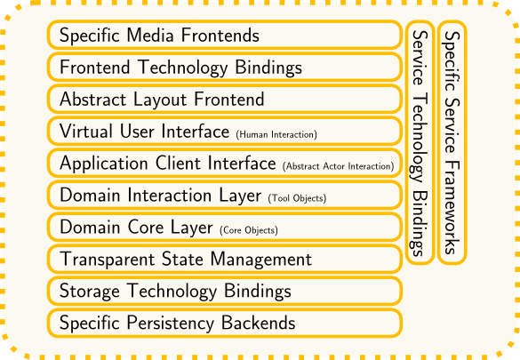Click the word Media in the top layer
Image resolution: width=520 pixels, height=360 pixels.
coord(150,36)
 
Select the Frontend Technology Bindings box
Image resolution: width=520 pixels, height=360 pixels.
coord(225,67)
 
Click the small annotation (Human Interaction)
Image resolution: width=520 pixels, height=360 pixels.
coord(276,134)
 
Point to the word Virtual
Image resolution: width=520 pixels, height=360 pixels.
coord(86,131)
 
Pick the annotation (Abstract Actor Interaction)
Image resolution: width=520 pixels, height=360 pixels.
coord(339,166)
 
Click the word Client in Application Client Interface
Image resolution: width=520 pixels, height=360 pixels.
coord(178,163)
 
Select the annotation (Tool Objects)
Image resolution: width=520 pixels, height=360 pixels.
coord(297,198)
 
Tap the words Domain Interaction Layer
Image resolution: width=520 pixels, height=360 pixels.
coord(161,196)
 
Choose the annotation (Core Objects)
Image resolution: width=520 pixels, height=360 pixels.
coord(249,230)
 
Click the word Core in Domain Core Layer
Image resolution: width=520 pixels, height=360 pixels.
coord(146,227)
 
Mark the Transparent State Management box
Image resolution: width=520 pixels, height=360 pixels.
coord(225,259)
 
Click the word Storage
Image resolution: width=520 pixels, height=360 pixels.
coord(90,292)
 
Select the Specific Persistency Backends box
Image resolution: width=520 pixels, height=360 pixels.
coord(225,323)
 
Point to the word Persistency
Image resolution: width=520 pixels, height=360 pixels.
coord(170,324)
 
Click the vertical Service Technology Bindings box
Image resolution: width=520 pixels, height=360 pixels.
coord(420,142)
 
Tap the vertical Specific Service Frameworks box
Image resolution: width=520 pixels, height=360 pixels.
coord(452,142)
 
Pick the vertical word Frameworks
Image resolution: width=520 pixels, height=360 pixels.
coord(452,208)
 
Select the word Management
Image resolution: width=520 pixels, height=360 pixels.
coord(261,260)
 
